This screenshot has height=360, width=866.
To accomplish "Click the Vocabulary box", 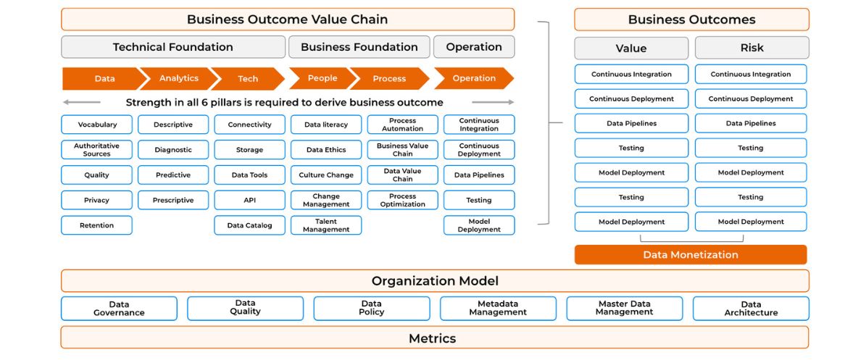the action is coord(96,125).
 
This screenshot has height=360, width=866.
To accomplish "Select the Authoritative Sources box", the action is coord(96,150).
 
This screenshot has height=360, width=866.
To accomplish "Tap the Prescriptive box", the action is coord(173,200).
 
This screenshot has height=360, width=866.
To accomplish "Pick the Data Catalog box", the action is coord(249,225).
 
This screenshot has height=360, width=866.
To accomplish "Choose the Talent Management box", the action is coord(326,225).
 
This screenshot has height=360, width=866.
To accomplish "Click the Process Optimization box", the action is coord(403,200).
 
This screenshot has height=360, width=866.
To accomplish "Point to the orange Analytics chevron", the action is coord(178,78).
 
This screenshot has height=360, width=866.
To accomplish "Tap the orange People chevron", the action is coord(322,78).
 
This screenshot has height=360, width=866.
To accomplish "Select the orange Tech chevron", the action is coord(248,78).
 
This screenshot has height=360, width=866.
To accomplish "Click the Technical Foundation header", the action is coord(173,47).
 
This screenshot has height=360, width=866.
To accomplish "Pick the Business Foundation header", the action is coord(359,47).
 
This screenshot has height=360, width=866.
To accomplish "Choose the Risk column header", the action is coord(751,48).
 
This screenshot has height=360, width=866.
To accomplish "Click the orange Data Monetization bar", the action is coord(691,254).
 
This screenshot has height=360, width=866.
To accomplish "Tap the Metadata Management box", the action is coord(498,308).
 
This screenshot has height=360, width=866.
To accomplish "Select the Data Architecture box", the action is coord(751,308).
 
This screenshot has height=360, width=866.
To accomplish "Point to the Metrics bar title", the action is coord(433,338).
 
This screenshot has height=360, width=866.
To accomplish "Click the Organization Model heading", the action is coord(436,281).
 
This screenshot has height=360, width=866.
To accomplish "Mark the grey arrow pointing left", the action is coord(82,102).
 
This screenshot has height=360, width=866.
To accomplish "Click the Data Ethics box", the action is coord(326,150).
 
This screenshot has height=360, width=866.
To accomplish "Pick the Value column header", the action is coord(631,48).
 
